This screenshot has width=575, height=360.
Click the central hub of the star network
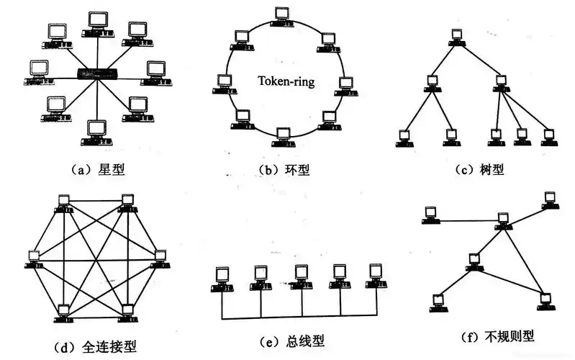pos(96,73)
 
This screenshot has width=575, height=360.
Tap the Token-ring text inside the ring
pos(286,81)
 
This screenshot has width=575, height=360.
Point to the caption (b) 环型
pos(287,171)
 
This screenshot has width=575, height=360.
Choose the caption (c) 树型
pos(479,170)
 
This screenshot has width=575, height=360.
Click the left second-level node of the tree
pos(432,81)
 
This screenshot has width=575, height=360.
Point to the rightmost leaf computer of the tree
pos(548,136)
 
